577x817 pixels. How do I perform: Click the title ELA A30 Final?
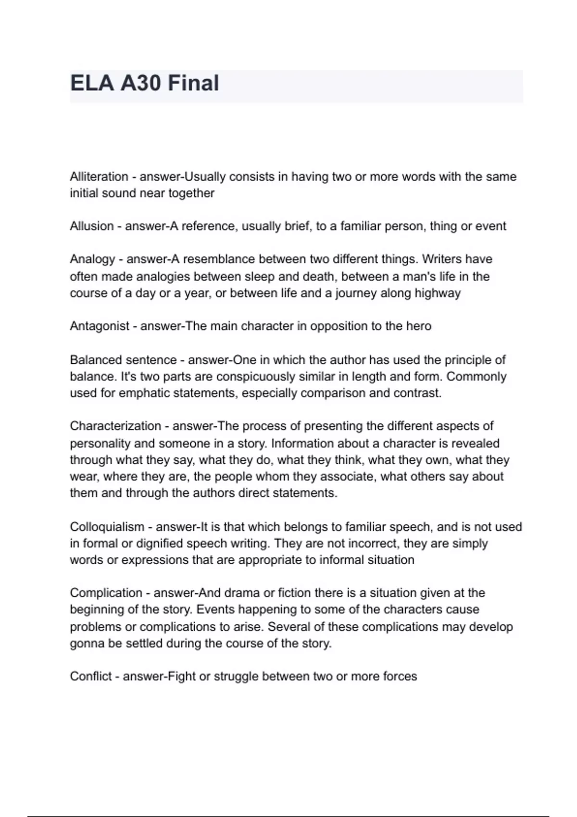pyautogui.click(x=144, y=83)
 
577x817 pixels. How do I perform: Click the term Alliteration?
pyautogui.click(x=99, y=176)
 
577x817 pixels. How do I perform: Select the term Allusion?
pyautogui.click(x=92, y=226)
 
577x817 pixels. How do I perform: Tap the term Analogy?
pyautogui.click(x=92, y=260)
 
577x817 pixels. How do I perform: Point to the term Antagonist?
pyautogui.click(x=100, y=326)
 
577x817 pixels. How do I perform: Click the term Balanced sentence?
pyautogui.click(x=123, y=360)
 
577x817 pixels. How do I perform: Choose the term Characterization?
pyautogui.click(x=115, y=426)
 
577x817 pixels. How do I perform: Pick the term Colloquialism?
pyautogui.click(x=107, y=527)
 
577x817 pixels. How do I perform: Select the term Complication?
pyautogui.click(x=106, y=593)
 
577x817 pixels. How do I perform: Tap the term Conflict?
pyautogui.click(x=91, y=677)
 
